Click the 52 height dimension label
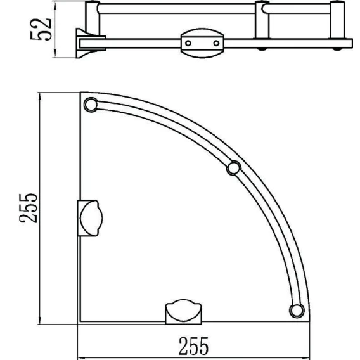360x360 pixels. click(x=41, y=29)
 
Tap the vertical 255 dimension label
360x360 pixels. click(x=28, y=209)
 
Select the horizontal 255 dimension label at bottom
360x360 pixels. click(x=193, y=346)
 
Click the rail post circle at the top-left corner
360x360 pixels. click(x=91, y=105)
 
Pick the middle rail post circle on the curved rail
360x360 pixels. click(x=234, y=169)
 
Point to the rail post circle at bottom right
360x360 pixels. click(x=297, y=311)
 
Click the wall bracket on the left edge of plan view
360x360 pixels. click(x=90, y=218)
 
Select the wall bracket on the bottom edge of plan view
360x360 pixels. click(x=183, y=312)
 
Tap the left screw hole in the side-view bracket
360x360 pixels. click(x=188, y=43)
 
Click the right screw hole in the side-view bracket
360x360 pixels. click(x=216, y=43)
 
